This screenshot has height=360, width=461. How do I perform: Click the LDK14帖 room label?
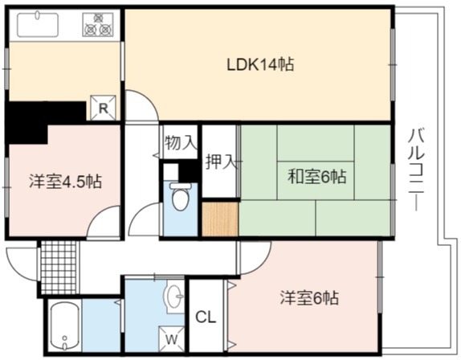tap(260, 64)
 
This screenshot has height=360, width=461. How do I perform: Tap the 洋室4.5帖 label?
tap(66, 182)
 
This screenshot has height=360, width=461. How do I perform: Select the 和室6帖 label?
tap(316, 177)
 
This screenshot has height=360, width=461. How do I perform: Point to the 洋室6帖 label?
tap(309, 298)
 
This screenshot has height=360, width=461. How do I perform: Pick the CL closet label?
tap(206, 317)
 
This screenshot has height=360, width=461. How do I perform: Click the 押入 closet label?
tap(221, 162)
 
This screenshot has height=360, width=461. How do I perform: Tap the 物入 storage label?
tap(181, 143)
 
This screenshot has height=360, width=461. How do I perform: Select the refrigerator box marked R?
tap(103, 108)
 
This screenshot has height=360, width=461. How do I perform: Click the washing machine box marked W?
tap(171, 339)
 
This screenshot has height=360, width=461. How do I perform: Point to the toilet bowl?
tap(180, 196)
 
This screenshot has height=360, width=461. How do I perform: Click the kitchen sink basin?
tap(38, 25)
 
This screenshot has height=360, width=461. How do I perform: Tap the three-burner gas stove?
tap(98, 25)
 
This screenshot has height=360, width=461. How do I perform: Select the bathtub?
tap(65, 325)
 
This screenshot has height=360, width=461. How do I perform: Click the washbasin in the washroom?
tap(174, 297)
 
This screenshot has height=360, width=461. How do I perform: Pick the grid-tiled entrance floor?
tap(59, 268)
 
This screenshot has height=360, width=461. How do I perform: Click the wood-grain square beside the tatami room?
tap(221, 219)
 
